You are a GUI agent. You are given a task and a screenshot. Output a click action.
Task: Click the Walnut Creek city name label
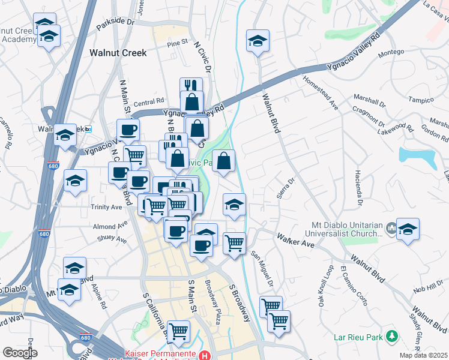pos(118,53)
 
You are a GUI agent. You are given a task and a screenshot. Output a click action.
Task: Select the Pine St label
pos(178,43)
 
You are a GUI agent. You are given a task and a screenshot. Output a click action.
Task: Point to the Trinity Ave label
pos(107,207)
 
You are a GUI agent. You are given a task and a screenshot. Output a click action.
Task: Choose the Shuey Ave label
pos(112,239)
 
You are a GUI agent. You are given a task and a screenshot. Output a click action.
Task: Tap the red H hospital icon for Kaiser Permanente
pos(206,355)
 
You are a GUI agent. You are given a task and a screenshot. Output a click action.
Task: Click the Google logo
pos(19,353)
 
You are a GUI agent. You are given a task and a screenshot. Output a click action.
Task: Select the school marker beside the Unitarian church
pos(408,229)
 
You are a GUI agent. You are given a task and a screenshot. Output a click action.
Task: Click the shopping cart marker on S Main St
pos(178,331)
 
